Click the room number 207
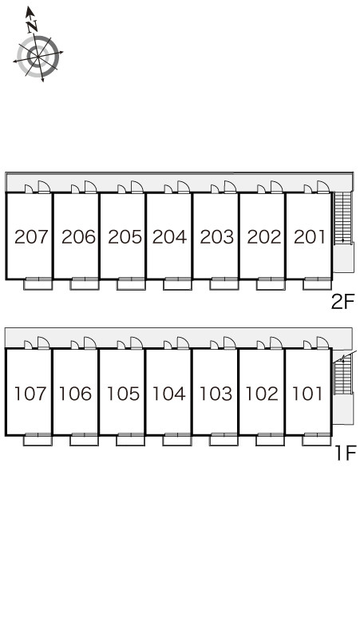(x=31, y=237)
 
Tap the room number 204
(x=169, y=237)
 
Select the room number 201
(x=310, y=237)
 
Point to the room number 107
(x=30, y=394)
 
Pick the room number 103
(x=216, y=394)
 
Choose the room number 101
(x=307, y=394)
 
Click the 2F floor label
(x=343, y=303)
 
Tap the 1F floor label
(x=345, y=453)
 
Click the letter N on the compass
(x=32, y=26)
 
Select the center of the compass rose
(x=38, y=57)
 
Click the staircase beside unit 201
(x=342, y=218)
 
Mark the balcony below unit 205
(x=131, y=283)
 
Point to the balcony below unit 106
(x=84, y=439)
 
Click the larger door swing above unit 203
(x=230, y=187)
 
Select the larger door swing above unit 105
(x=136, y=343)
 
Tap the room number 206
(x=78, y=237)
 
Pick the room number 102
(x=262, y=394)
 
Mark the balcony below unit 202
(x=271, y=283)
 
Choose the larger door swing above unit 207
(x=44, y=187)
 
